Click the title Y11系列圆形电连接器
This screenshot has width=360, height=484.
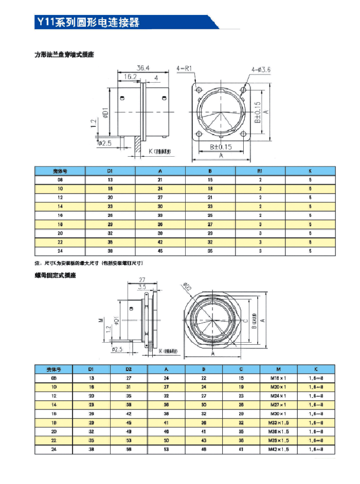(88, 23)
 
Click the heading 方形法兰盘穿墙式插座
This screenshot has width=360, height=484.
(64, 54)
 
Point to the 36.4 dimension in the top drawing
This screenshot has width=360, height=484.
(143, 68)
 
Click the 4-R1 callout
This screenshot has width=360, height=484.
(184, 68)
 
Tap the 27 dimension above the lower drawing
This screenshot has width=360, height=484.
(143, 280)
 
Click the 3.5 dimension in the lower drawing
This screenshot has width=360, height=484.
(142, 287)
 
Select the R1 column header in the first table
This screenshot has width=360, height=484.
(260, 171)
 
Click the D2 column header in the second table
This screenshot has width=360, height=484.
(129, 369)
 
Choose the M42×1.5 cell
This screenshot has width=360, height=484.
(279, 449)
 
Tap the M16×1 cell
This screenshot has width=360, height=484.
(279, 378)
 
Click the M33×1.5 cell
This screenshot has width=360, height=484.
(279, 422)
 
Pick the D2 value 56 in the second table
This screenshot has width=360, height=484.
(129, 449)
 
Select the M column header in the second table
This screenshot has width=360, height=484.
(279, 369)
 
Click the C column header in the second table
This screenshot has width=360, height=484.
(241, 369)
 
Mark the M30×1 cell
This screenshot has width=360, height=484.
(279, 413)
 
